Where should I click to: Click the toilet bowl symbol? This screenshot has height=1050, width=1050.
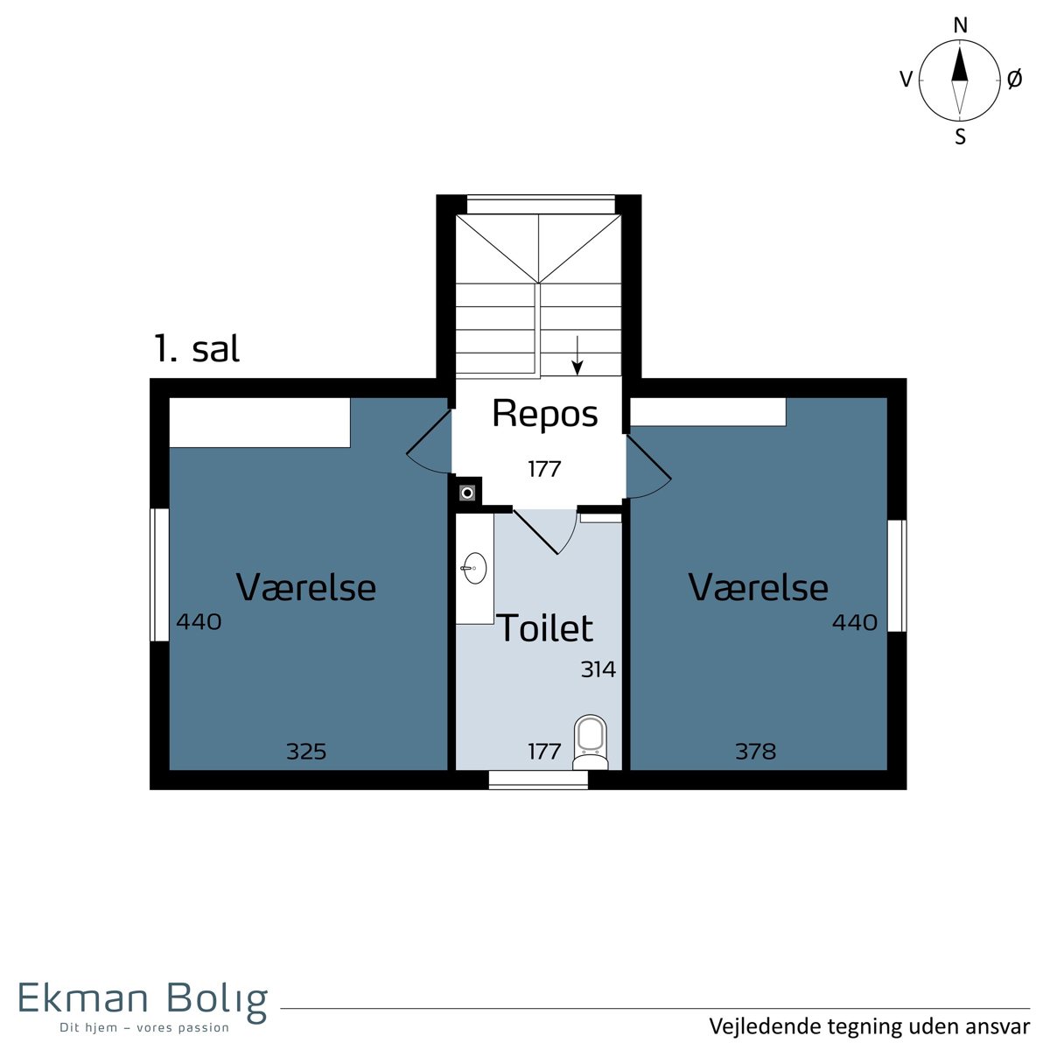point(590,742)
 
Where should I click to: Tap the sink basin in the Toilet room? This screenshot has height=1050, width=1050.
point(474,568)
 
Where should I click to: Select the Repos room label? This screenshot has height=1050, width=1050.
point(544,414)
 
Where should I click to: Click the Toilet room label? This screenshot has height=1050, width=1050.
point(544,627)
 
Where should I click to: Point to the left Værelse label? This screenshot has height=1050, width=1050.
point(305,587)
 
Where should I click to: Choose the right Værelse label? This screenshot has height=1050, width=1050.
point(758,587)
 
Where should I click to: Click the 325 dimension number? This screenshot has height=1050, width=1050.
point(306,752)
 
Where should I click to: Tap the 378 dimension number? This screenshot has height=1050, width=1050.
point(755,752)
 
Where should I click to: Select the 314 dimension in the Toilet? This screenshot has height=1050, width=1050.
point(598,669)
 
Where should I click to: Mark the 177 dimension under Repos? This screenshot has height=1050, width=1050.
point(544,469)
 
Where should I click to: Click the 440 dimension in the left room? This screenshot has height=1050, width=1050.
point(199,622)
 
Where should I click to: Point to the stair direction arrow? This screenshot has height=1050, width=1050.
point(577,356)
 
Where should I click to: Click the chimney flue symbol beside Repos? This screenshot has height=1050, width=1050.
point(467,493)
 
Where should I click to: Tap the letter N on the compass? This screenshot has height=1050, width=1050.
point(960,25)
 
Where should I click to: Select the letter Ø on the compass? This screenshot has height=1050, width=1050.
point(1014,80)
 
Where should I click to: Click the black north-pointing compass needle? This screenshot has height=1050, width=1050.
point(960,63)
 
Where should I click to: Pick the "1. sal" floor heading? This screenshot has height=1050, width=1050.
point(197,349)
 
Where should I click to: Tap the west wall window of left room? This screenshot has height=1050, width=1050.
point(159,575)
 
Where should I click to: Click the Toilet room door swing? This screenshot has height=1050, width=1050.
point(546,531)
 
